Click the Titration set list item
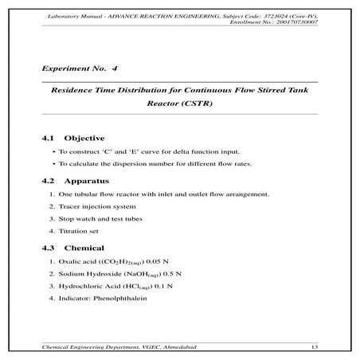point(76,230)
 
